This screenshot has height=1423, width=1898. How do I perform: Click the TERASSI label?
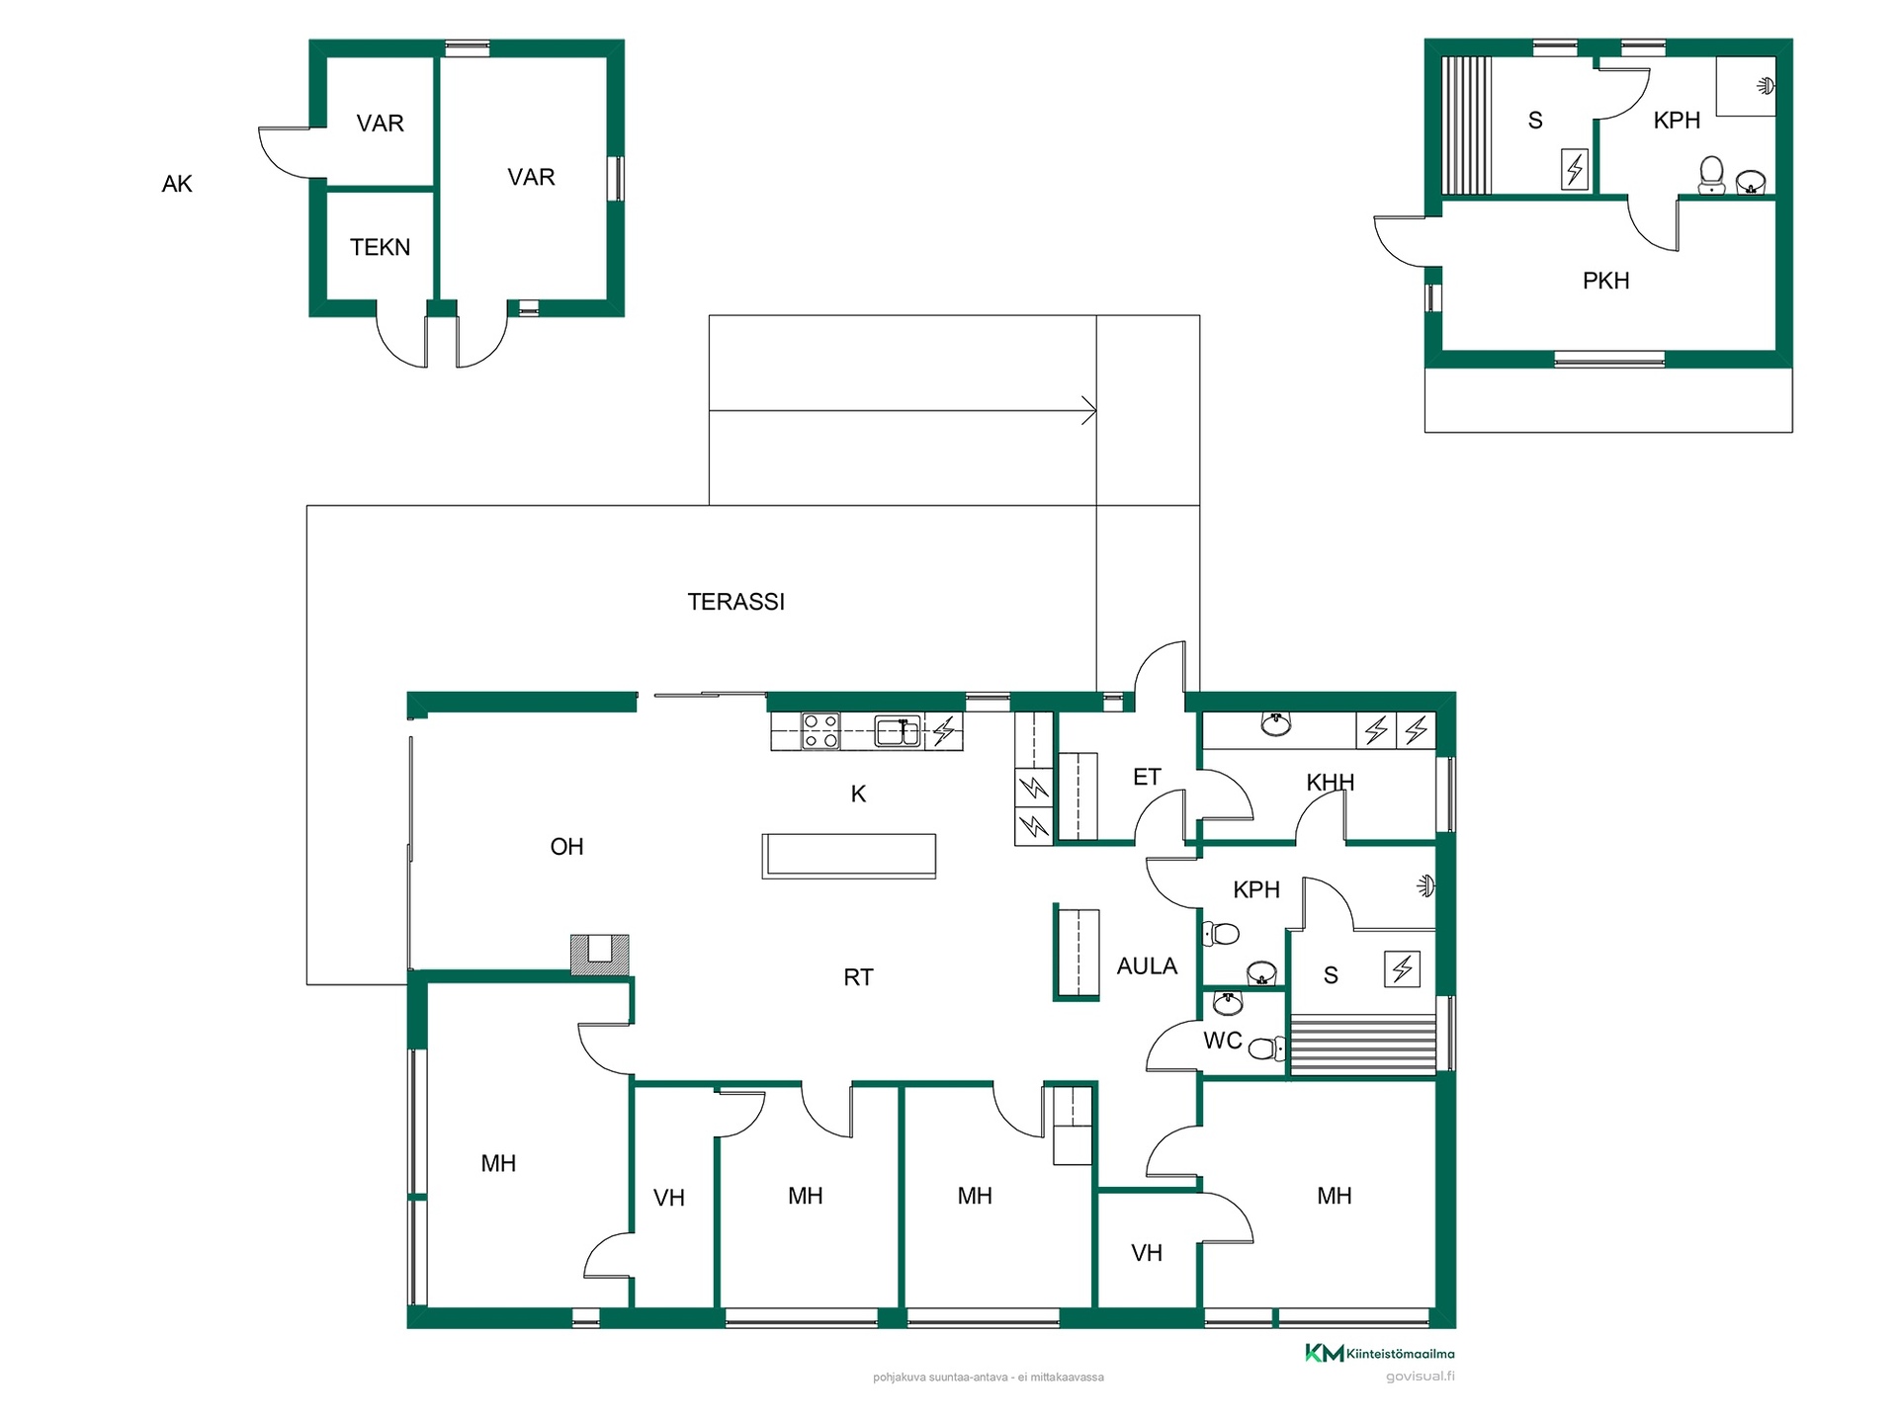tap(735, 602)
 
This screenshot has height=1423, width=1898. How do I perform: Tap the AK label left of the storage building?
tap(177, 184)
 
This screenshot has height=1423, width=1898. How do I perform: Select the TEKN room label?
tap(380, 247)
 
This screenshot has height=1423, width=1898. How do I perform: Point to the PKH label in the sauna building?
tap(1605, 281)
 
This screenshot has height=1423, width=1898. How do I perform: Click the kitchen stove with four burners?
tap(820, 731)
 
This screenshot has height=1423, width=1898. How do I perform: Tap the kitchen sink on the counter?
tap(899, 731)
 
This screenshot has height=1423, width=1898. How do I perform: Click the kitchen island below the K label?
tap(848, 856)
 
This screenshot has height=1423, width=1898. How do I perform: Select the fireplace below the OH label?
tap(600, 954)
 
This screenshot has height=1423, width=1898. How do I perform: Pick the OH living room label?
tap(566, 847)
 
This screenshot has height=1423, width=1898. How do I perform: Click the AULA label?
tap(1147, 966)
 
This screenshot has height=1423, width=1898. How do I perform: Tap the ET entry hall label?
tap(1147, 778)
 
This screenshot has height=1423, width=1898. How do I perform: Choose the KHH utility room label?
tap(1330, 783)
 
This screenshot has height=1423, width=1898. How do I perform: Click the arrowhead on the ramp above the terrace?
tap(1089, 410)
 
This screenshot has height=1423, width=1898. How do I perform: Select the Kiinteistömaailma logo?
tap(1379, 1353)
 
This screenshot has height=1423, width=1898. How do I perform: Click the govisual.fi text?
tap(1420, 1377)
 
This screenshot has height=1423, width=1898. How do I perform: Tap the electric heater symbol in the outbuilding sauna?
tap(1575, 169)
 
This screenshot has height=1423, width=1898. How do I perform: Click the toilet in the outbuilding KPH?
tap(1711, 176)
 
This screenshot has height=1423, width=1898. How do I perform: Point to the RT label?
tap(858, 977)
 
